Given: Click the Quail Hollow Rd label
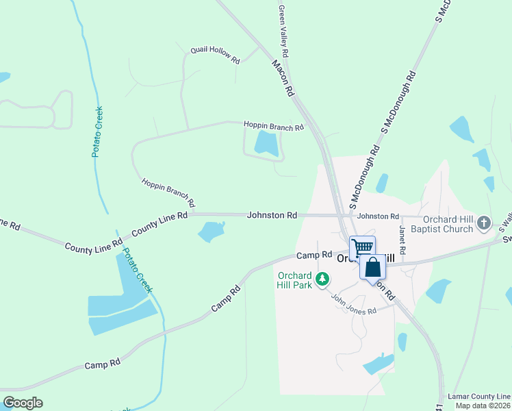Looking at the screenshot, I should tap(215, 55).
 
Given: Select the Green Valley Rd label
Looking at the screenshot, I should tap(283, 32).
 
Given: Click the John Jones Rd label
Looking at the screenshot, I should tap(354, 302).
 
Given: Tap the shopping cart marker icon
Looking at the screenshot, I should tap(362, 247).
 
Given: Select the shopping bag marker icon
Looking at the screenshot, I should tap(374, 266).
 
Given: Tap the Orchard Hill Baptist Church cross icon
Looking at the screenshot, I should tap(484, 222).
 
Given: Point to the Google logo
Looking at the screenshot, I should tap(23, 402).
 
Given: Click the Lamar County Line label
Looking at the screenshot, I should tap(479, 397).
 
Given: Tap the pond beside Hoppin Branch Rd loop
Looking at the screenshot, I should tap(266, 144).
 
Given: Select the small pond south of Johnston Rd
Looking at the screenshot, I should tap(211, 232).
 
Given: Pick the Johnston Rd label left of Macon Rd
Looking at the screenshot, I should tap(272, 215).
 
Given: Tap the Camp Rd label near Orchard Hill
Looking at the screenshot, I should tap(313, 256).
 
